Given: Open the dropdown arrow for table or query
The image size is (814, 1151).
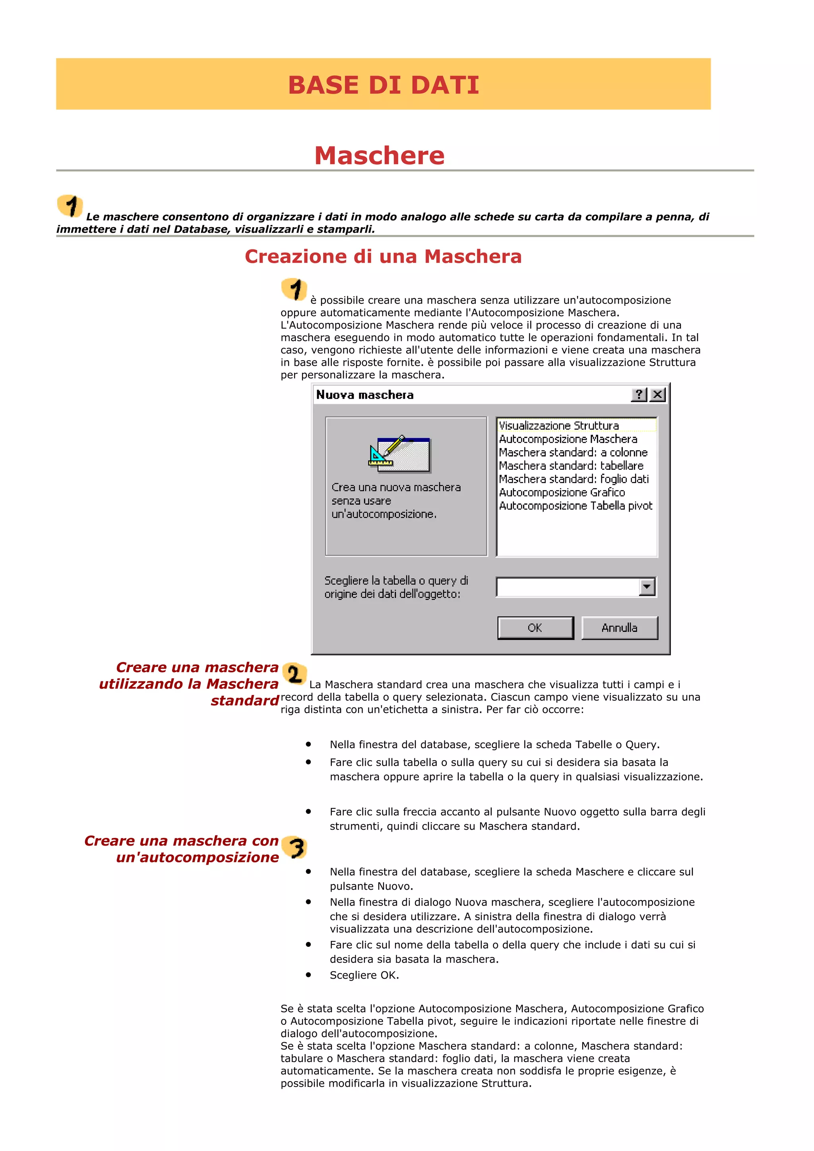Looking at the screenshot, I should [x=647, y=587].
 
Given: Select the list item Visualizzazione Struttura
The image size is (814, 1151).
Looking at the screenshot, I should [x=559, y=426].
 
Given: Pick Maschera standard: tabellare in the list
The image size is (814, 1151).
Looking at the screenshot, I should [x=571, y=466].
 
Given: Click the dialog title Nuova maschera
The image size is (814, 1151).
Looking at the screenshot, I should [x=364, y=395].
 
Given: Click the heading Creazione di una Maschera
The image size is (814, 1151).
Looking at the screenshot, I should [x=383, y=257].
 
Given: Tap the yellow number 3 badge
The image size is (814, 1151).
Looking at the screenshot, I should [x=295, y=848].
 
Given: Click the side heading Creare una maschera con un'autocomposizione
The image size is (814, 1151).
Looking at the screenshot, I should [x=182, y=849].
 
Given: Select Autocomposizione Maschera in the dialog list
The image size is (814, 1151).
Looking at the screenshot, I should [x=568, y=439].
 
